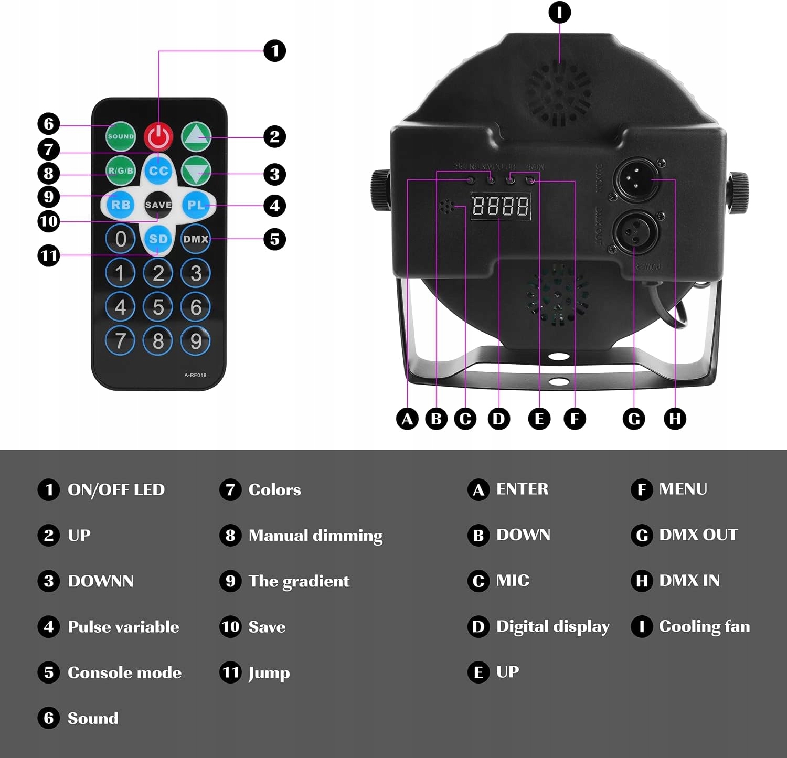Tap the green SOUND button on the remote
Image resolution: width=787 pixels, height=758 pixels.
(121, 136)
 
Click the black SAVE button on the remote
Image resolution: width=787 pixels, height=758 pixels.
(158, 205)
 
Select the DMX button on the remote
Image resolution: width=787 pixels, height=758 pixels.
(196, 239)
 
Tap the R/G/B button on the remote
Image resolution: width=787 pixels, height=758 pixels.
(121, 170)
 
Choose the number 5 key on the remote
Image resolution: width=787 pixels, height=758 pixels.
(158, 307)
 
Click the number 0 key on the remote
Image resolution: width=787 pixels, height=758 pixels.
(120, 239)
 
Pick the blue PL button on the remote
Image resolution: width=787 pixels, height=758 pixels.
(196, 205)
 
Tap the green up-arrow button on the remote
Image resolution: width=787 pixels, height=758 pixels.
(196, 136)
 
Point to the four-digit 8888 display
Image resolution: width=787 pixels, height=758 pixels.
(500, 206)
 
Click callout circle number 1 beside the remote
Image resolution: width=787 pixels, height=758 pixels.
(274, 51)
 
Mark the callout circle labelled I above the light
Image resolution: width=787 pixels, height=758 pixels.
(559, 12)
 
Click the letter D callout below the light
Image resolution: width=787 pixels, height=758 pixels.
(498, 419)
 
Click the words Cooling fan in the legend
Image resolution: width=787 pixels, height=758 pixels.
(704, 626)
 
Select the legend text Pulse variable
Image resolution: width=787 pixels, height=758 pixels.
(123, 627)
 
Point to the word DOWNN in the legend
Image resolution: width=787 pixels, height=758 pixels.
(101, 581)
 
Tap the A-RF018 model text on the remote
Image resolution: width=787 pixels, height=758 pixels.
(195, 375)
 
